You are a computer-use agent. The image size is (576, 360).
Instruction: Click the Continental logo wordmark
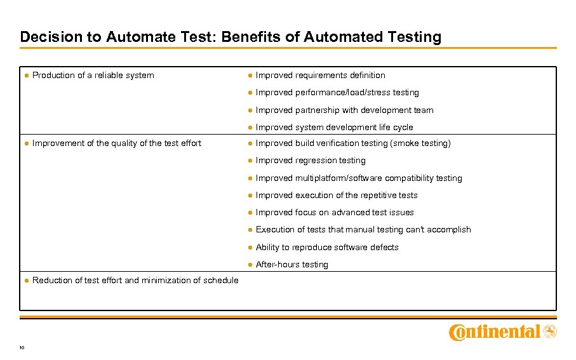point(494,331)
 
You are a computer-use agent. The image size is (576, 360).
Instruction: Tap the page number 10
point(22,347)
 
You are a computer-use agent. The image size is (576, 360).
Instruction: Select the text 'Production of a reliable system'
point(93,75)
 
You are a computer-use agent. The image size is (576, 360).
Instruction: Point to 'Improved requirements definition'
point(320,75)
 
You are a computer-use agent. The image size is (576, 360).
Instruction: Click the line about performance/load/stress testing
point(337,92)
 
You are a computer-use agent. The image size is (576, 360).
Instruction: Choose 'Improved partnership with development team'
point(344,110)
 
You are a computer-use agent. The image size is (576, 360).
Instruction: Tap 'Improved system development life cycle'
point(334,127)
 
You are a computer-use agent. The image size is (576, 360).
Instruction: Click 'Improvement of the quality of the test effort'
point(116,143)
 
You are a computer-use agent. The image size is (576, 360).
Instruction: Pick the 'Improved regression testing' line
point(311,160)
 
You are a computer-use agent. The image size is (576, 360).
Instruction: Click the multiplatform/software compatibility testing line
point(359,178)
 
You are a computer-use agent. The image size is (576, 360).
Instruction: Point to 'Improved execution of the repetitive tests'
point(337,195)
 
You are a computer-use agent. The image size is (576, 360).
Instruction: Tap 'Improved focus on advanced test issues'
point(335,212)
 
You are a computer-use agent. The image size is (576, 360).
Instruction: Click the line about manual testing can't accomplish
point(363,229)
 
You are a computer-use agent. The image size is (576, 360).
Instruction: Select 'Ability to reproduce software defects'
point(327,247)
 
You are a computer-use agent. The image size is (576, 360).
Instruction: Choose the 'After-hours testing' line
point(291,264)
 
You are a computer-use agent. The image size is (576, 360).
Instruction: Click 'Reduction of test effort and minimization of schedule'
point(135,280)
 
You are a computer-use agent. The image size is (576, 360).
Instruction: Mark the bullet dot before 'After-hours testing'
point(250,264)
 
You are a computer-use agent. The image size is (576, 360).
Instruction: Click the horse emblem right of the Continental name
point(550,331)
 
